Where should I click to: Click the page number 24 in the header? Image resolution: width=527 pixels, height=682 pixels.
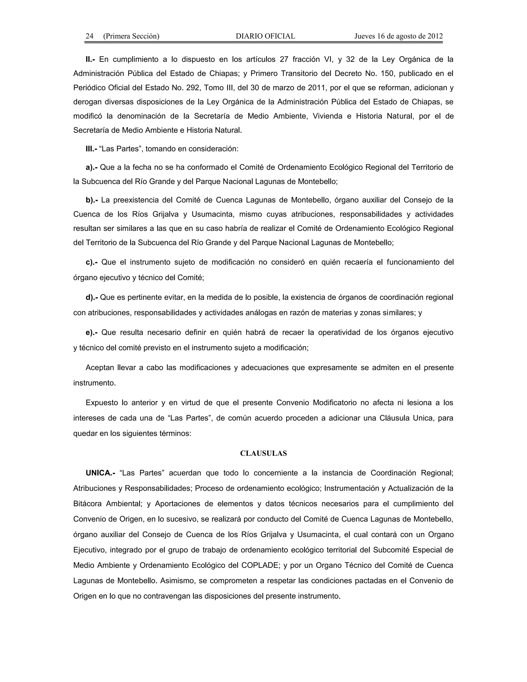pos(89,36)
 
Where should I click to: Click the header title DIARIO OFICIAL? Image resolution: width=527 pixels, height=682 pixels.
pos(265,36)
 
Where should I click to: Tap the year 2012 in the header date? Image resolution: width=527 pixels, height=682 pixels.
pos(435,36)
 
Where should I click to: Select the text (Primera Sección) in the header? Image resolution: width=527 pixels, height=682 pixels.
pos(131,36)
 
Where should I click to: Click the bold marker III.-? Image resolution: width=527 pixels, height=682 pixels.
pos(91,149)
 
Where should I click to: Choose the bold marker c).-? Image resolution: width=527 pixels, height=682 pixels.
pos(91,262)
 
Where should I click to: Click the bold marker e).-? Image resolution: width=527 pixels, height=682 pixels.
pos(91,332)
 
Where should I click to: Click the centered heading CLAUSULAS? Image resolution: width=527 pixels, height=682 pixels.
pos(263,453)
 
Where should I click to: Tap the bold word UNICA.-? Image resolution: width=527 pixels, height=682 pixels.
pos(100,473)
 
